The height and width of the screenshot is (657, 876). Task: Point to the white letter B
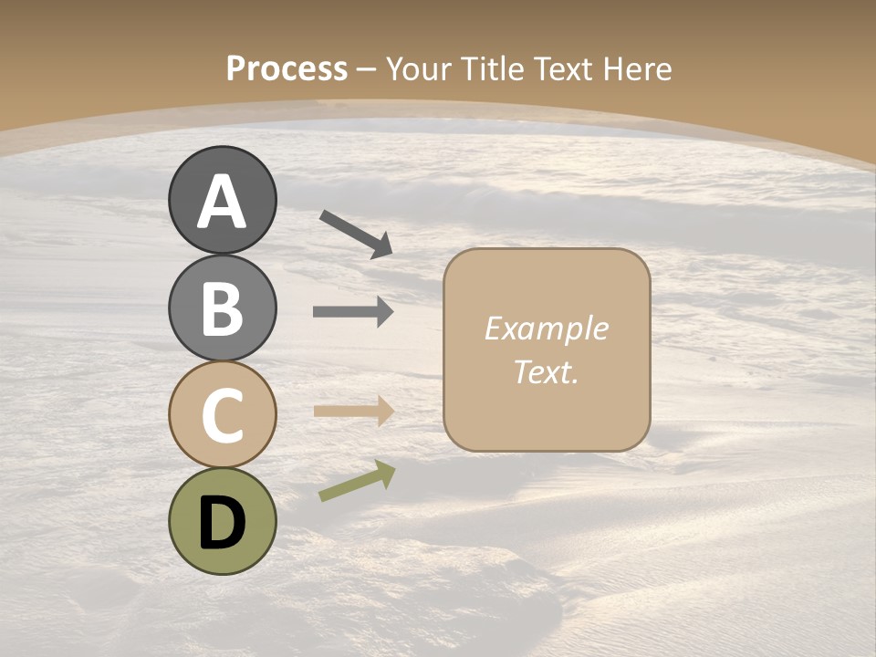(223, 308)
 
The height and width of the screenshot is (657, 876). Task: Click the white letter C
(223, 415)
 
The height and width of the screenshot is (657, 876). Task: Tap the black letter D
(223, 523)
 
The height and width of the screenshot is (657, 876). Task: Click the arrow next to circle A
(356, 234)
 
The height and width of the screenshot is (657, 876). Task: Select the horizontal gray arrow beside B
(353, 312)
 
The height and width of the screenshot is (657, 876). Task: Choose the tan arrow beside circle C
(353, 411)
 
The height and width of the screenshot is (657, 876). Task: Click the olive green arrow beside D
(357, 481)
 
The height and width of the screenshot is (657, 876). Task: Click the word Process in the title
(287, 68)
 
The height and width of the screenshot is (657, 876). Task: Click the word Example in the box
(547, 329)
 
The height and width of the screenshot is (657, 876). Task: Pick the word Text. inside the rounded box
(547, 371)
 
